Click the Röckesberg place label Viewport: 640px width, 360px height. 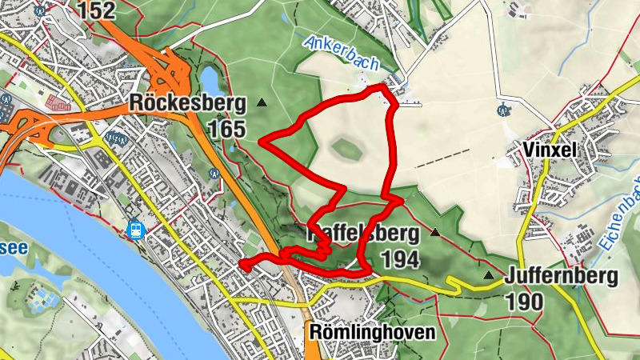click(x=186, y=103)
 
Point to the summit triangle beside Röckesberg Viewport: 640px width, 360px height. click(x=262, y=103)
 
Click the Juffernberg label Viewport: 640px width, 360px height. click(x=562, y=277)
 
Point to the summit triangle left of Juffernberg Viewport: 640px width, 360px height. click(x=488, y=276)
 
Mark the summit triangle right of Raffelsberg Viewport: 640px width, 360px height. click(x=435, y=233)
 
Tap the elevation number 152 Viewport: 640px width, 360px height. click(x=97, y=10)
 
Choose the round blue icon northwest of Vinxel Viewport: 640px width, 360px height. click(x=503, y=110)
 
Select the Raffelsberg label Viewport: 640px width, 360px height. click(x=363, y=234)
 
